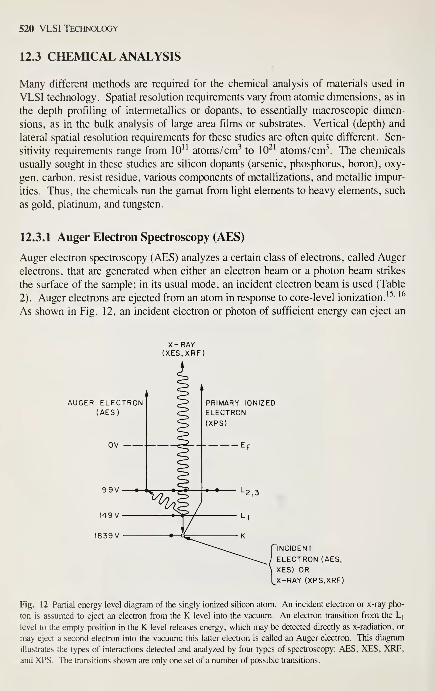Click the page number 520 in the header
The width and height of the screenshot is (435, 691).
click(26, 29)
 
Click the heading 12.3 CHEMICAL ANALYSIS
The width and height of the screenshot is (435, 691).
click(100, 56)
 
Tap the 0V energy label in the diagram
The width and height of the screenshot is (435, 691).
click(113, 445)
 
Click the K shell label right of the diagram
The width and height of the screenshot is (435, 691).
click(243, 536)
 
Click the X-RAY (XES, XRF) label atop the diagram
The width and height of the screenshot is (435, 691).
click(183, 349)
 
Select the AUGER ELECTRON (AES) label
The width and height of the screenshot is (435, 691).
click(106, 408)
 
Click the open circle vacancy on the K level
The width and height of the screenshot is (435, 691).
click(182, 536)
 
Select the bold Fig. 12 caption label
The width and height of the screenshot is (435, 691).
click(34, 604)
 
